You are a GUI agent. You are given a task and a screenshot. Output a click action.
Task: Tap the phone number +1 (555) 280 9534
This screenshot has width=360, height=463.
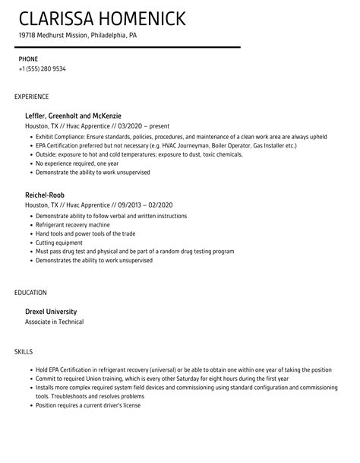point(42,69)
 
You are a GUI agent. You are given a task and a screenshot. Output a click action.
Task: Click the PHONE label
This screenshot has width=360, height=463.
point(27,59)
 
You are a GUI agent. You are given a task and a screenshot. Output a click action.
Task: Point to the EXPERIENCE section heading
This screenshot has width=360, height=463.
point(32,97)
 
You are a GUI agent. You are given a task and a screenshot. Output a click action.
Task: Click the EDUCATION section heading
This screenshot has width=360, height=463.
point(30,292)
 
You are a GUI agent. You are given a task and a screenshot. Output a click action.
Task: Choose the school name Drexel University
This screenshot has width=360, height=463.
point(52,311)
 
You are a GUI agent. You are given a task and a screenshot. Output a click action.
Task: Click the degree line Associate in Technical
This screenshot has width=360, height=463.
point(55,322)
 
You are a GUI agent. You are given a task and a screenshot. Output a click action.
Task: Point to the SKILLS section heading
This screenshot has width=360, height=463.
point(24,351)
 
